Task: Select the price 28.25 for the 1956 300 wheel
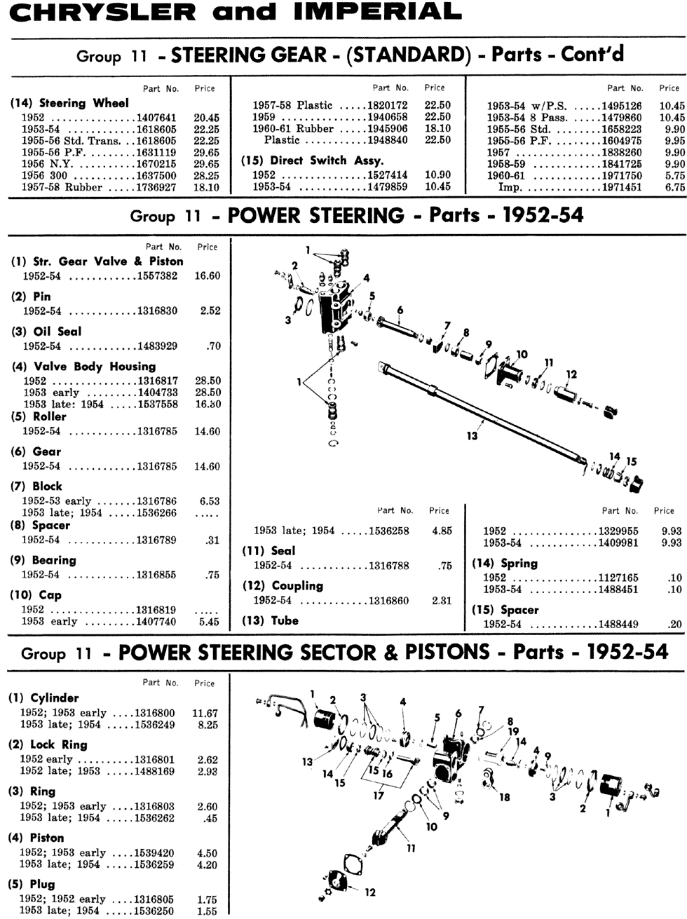click(207, 176)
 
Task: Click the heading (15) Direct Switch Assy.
click(313, 160)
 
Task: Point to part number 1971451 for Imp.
click(620, 187)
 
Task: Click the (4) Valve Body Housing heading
click(83, 366)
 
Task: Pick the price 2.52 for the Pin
click(210, 311)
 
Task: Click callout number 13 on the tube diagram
click(472, 436)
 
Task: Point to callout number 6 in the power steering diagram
click(400, 309)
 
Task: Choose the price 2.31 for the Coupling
click(442, 601)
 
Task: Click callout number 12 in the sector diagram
click(370, 892)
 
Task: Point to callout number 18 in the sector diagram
click(504, 798)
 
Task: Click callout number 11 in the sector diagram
click(411, 848)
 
